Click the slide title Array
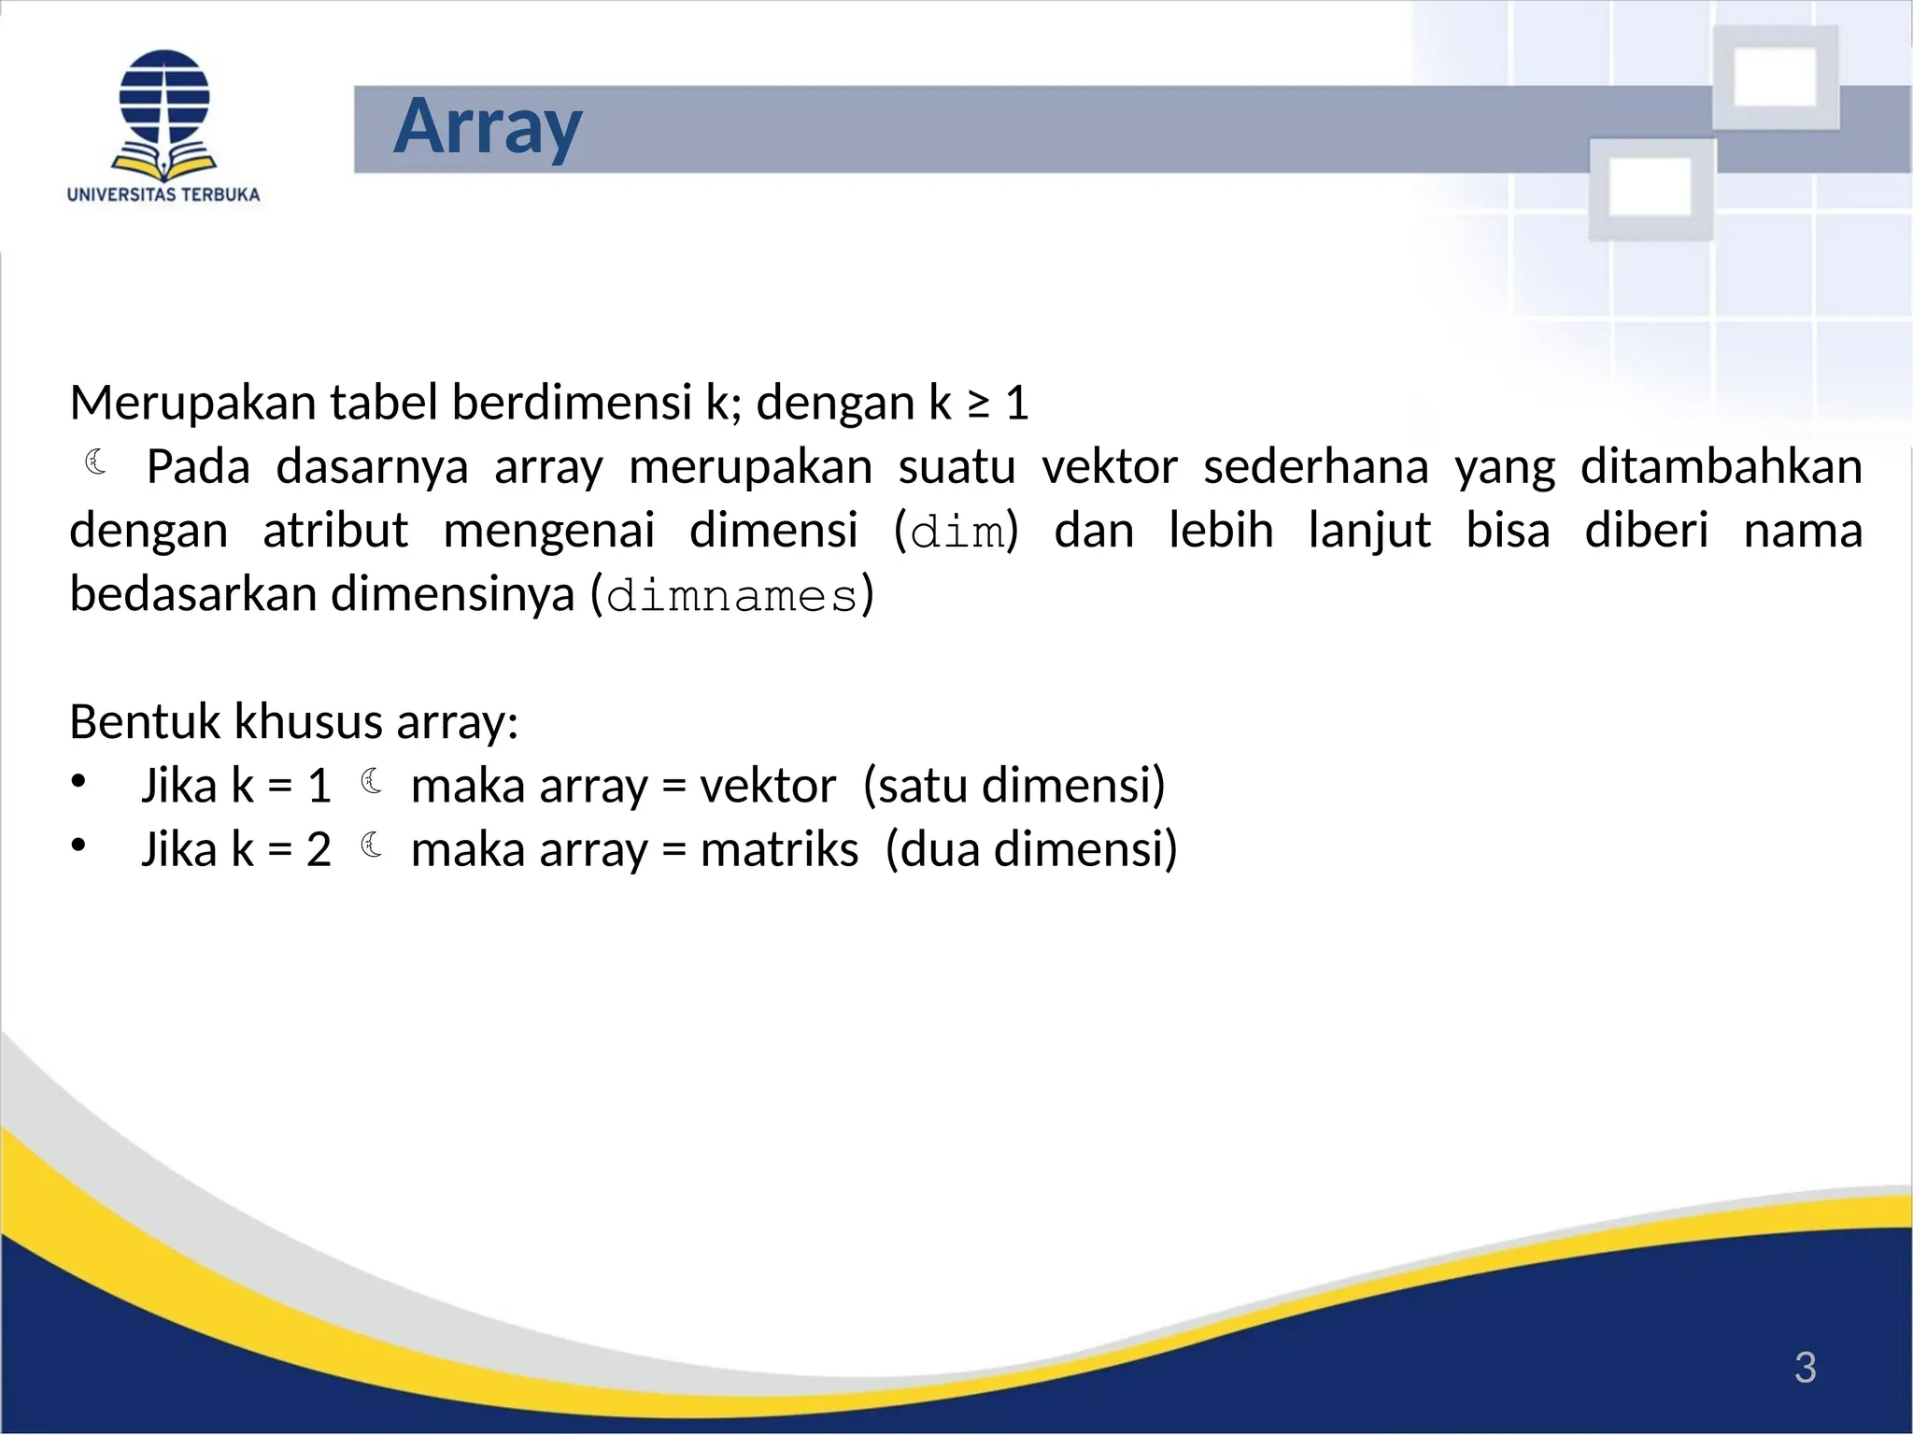tap(488, 127)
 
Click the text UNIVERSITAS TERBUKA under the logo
tap(163, 194)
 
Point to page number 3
tap(1805, 1368)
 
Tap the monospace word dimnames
tap(731, 596)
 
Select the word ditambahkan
tap(1721, 467)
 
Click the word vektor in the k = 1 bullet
tap(767, 786)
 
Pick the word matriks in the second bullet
tap(779, 850)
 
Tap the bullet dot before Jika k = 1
tap(78, 781)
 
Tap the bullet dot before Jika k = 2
tap(78, 845)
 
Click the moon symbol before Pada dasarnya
tap(96, 462)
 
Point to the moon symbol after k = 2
tap(372, 845)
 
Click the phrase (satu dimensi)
tap(1014, 786)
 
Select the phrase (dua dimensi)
tap(1031, 850)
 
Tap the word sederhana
tap(1315, 467)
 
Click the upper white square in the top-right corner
tap(1775, 77)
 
